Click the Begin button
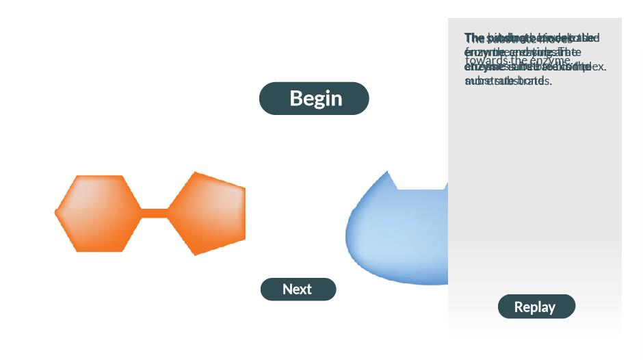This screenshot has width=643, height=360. (314, 99)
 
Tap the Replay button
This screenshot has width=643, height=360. (536, 307)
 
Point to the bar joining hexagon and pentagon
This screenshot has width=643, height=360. (155, 214)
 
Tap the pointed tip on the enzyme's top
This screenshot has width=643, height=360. (389, 173)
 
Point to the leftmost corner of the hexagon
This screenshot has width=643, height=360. (56, 214)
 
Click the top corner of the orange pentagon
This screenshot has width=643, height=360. (196, 173)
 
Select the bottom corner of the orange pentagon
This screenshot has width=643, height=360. (196, 254)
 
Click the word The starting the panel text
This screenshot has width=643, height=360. (473, 38)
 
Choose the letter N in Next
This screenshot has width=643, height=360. (287, 290)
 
